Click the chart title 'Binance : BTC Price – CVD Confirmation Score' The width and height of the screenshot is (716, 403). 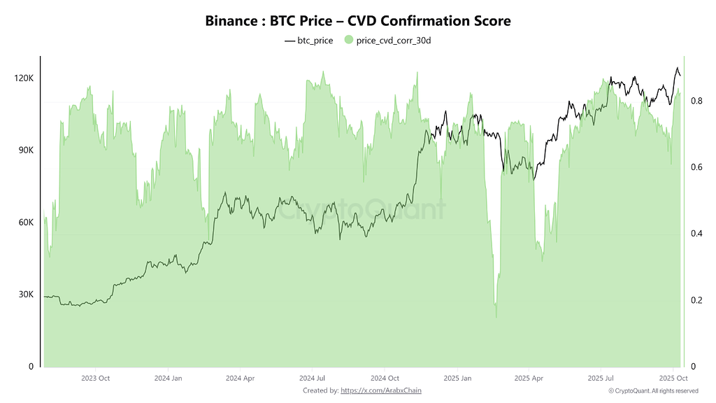[x=358, y=21]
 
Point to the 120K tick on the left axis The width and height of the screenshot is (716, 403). [x=24, y=78]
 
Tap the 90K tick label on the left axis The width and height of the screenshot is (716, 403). [x=25, y=150]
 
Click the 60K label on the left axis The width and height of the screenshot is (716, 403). [x=25, y=222]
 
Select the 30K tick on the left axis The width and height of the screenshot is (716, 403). [x=25, y=295]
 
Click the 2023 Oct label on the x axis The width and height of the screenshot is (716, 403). [x=96, y=378]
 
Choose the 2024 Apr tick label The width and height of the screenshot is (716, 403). [x=240, y=378]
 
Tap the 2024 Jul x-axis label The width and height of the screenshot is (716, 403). [x=312, y=378]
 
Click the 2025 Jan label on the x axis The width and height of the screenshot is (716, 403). [x=457, y=378]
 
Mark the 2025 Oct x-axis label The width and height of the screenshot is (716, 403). [x=671, y=378]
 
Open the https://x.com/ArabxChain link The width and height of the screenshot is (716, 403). [x=381, y=390]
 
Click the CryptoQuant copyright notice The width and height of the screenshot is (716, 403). [x=652, y=390]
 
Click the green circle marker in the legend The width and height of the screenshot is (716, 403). [x=349, y=41]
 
